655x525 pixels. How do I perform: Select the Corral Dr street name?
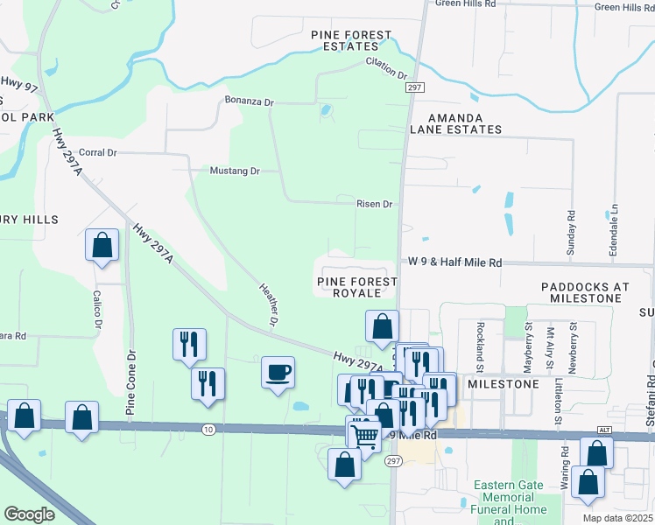(97, 152)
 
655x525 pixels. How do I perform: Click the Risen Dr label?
(374, 204)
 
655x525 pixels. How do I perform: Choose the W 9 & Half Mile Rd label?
(454, 262)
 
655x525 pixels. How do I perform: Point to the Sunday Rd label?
(570, 227)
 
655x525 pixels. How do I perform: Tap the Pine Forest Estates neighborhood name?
(351, 41)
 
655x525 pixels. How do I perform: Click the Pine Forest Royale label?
(356, 287)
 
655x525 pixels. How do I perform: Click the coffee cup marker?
(278, 374)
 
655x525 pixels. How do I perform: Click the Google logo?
(29, 514)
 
